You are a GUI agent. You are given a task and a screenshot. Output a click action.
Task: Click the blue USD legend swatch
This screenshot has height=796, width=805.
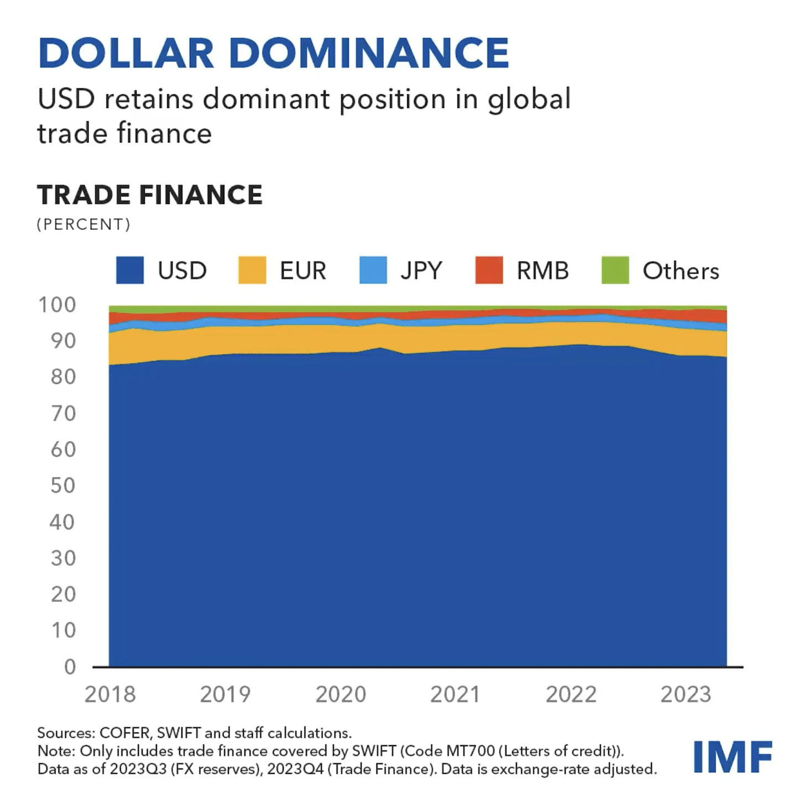(x=130, y=270)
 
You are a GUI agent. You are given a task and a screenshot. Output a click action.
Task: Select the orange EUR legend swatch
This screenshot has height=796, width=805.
(x=252, y=270)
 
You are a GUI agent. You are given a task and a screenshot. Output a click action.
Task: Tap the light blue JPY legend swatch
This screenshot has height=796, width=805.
(x=373, y=270)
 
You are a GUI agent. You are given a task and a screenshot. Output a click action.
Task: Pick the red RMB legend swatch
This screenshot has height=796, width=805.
(x=489, y=270)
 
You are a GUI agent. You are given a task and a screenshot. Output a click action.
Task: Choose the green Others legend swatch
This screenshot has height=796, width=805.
(x=615, y=270)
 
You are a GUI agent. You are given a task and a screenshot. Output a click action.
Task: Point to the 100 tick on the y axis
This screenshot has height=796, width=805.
(x=57, y=305)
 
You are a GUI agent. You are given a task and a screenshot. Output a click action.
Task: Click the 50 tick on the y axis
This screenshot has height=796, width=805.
(x=63, y=485)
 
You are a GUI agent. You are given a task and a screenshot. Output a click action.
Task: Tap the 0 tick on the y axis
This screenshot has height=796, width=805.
(x=70, y=667)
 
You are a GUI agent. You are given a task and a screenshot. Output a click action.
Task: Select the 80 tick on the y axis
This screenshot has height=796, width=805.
(x=63, y=377)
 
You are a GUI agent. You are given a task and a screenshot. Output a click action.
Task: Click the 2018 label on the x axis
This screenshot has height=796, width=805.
(x=110, y=694)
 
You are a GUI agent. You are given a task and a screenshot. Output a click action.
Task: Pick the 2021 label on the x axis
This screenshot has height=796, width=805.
(x=456, y=694)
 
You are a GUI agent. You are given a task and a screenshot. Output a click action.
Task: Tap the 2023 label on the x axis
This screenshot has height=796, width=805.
(x=686, y=694)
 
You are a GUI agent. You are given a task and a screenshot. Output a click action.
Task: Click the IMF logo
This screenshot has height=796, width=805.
(x=733, y=757)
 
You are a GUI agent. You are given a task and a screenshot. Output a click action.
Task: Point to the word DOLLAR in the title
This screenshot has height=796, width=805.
(x=126, y=53)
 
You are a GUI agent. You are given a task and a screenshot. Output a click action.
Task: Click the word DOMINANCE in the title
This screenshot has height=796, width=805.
(x=369, y=53)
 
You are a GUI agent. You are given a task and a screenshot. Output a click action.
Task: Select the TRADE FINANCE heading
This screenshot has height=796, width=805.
(x=150, y=195)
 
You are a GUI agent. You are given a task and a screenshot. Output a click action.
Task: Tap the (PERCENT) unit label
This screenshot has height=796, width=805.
(x=83, y=224)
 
